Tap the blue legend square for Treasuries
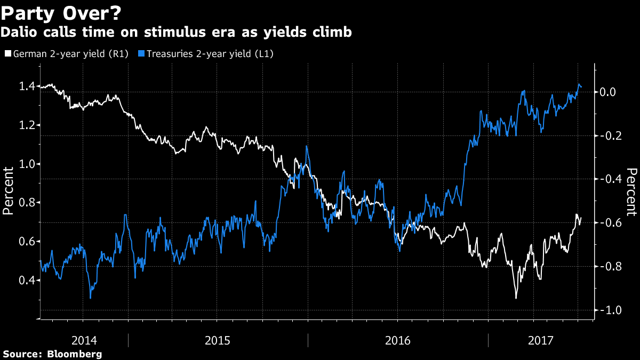141,53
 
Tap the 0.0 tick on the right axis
610,92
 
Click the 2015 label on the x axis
217,340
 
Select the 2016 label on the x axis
397,340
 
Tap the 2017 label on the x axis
540,340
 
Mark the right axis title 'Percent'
631,192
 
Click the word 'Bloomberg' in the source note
74,354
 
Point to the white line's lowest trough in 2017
516,298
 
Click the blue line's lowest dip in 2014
91,298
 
